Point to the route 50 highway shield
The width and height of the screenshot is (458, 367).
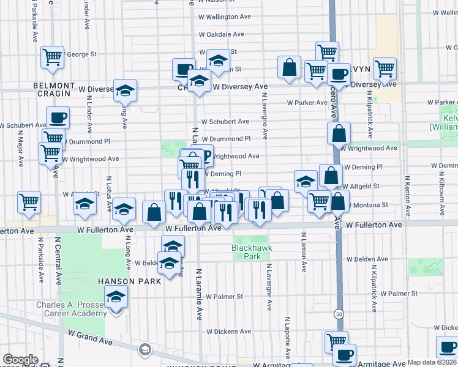click(338, 314)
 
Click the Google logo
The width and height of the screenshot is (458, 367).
click(20, 360)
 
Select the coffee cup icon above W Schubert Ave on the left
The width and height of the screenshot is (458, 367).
click(58, 117)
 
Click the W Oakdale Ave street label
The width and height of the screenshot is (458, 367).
click(222, 34)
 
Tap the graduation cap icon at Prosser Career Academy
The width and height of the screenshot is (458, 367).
click(114, 298)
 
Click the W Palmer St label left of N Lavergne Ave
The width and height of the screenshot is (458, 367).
click(224, 297)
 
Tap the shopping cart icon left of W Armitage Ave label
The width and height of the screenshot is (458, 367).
click(336, 342)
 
